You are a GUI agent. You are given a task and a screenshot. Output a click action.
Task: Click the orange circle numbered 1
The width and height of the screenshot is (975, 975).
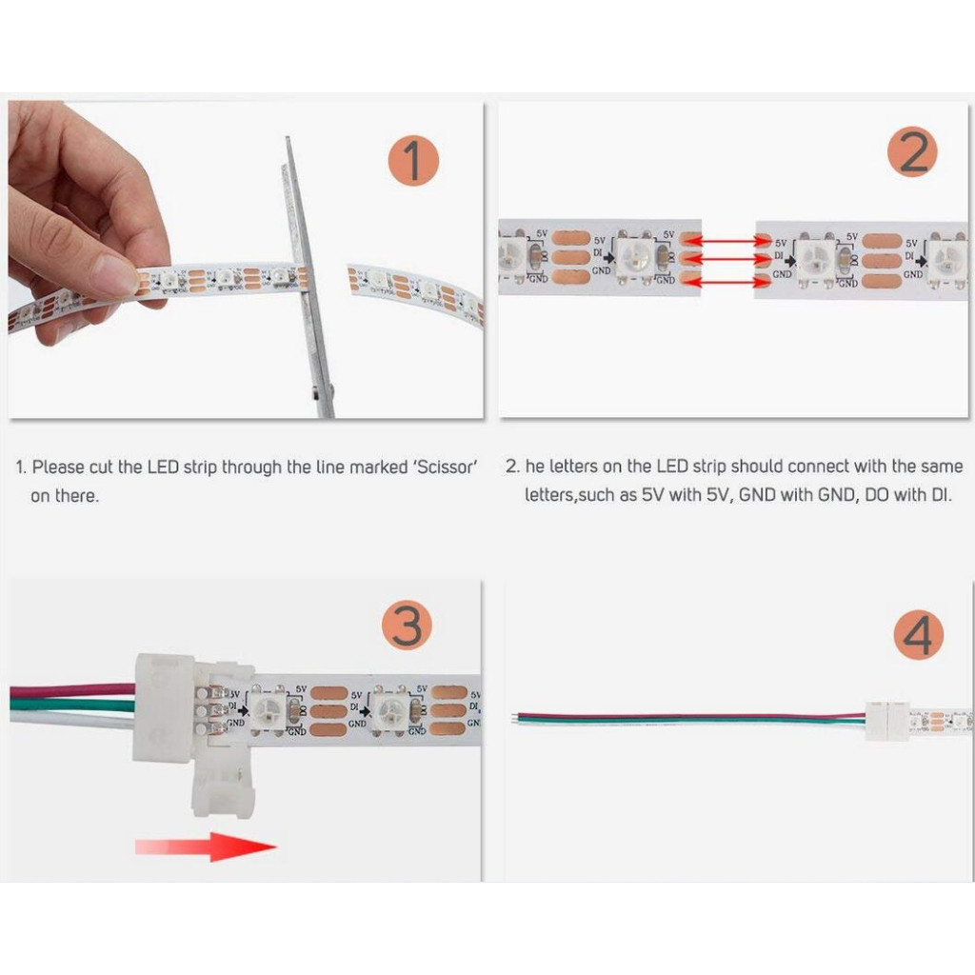click(413, 160)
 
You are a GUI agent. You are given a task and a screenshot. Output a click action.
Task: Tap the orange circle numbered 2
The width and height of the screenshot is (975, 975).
click(912, 153)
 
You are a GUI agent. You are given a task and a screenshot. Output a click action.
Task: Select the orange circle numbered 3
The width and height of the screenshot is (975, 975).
click(408, 627)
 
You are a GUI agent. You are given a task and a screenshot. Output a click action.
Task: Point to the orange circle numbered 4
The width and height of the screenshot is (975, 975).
click(918, 635)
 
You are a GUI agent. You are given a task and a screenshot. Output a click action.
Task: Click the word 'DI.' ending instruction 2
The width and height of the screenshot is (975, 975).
click(937, 495)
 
